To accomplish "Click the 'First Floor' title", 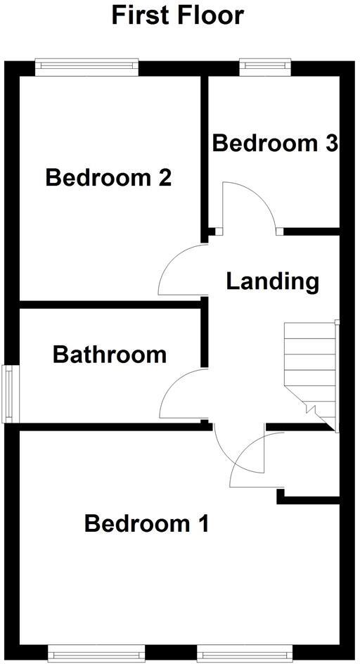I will coord(178,15).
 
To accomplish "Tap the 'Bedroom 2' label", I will coord(108,178).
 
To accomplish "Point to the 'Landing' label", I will coord(272,281).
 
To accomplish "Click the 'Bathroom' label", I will coord(110,355).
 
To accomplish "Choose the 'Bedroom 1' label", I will coord(146,524).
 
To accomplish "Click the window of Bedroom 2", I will coord(88,67).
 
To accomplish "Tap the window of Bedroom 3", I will coord(264,67).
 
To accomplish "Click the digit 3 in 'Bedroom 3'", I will coord(331,143).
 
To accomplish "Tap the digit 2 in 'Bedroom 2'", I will coord(164,178).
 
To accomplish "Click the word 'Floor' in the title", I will coord(210,15).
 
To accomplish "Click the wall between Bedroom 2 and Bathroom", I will coord(112,305).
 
